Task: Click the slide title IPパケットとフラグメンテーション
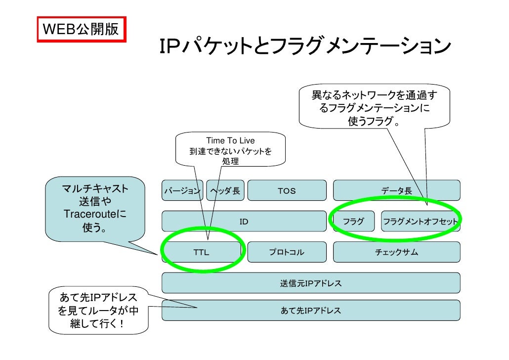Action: [x=303, y=47]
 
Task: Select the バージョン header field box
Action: [x=182, y=191]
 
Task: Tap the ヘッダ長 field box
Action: [x=225, y=191]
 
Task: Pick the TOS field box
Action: [x=287, y=191]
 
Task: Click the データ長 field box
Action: [x=396, y=191]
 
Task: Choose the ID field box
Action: [x=244, y=222]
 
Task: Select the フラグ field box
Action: [x=353, y=222]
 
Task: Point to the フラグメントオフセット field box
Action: [x=421, y=222]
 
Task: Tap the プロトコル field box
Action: [x=287, y=253]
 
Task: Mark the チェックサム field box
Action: [x=396, y=253]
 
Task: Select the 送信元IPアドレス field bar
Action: [x=311, y=284]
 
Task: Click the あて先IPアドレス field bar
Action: [x=311, y=311]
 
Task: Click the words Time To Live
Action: [x=230, y=141]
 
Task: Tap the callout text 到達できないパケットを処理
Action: [x=230, y=156]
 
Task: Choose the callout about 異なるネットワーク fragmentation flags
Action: [x=375, y=108]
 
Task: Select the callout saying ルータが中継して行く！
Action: [x=98, y=312]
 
